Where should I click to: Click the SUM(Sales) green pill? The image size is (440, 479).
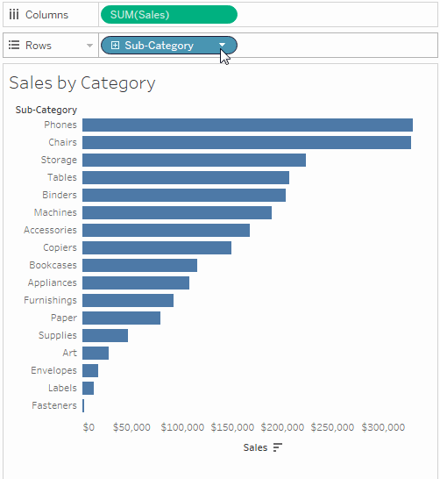coord(168,14)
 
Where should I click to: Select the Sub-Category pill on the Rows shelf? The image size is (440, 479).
coord(160,46)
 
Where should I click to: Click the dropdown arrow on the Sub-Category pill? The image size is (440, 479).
coord(223,46)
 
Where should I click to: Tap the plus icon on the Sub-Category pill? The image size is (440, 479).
coord(115,46)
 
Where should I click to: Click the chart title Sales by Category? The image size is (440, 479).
coord(82,83)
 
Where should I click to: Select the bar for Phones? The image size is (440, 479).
coord(247,125)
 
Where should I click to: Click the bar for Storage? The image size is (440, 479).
coord(194,161)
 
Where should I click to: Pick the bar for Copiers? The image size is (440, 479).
coord(157,248)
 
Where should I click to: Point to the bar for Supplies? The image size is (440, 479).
coord(105,336)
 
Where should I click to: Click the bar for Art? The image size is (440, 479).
coord(96,354)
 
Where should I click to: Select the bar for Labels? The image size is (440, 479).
coord(89,389)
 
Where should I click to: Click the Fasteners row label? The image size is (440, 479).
coord(54,405)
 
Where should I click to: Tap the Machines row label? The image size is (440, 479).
coord(55,212)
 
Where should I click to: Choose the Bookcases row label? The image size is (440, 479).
coord(53,265)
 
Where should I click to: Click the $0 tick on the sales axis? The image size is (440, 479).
coord(89,427)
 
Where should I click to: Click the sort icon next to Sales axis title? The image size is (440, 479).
coord(278,447)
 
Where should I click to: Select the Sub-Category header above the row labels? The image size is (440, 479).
coord(46,110)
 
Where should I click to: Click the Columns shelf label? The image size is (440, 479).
coord(46,15)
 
